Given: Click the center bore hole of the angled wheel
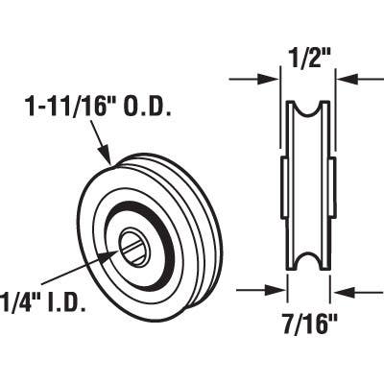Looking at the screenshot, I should tap(134, 250).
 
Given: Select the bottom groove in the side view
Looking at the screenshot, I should tap(309, 262).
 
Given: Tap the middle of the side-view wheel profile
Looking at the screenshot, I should tap(307, 184).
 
